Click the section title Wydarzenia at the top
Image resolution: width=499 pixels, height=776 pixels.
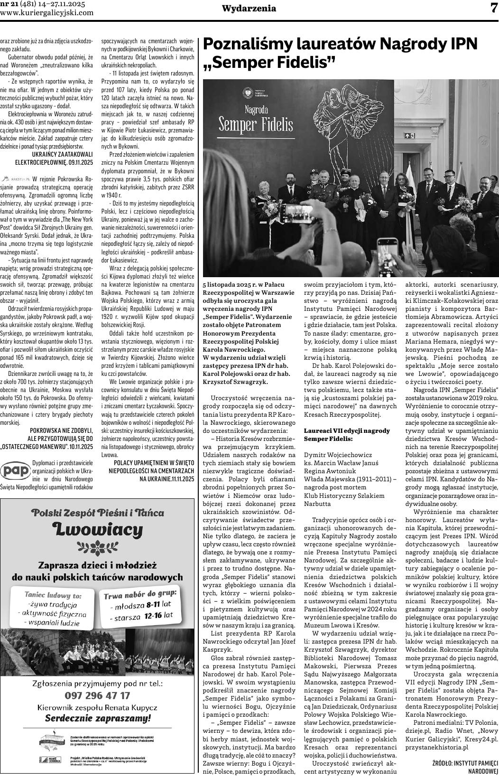tap(249, 9)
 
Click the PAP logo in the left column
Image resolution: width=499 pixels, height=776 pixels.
tap(15, 471)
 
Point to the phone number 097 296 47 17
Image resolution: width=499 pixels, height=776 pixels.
tap(97, 696)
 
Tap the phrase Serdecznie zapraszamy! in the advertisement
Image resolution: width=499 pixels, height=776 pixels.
tap(98, 718)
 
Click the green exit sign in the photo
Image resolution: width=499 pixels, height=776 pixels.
tap(409, 135)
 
